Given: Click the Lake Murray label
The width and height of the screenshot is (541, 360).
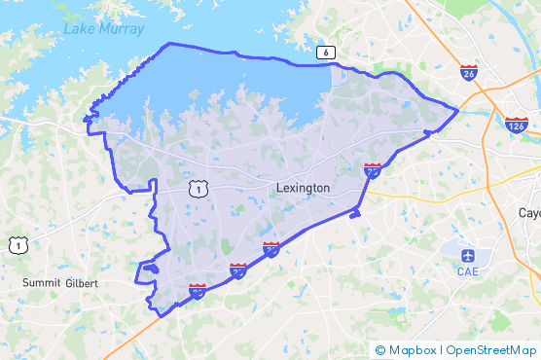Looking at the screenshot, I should (103, 29).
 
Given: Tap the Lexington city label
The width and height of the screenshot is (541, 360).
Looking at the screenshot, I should (303, 188).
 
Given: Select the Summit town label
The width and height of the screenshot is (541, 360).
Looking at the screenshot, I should (42, 282).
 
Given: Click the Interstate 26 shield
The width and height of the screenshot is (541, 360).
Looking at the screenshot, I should (469, 71).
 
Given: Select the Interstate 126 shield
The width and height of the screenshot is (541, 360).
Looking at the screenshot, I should (517, 125).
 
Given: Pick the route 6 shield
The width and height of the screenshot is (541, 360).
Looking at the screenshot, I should (324, 53).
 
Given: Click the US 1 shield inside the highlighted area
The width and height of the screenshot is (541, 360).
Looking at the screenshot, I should (198, 188).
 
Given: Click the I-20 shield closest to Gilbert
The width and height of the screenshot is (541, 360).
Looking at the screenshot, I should (197, 290).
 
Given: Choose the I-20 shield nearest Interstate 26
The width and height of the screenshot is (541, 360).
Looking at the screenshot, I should (373, 170).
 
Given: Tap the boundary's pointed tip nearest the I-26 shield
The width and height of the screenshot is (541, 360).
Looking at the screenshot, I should (456, 110).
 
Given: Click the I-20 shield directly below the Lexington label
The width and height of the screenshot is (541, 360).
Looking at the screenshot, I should (271, 250).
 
